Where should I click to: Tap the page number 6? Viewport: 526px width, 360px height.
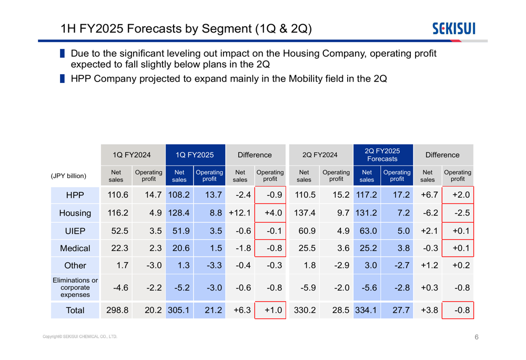point(477,337)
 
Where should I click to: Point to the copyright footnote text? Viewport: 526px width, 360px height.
point(80,337)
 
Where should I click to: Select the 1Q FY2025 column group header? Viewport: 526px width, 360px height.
point(195,155)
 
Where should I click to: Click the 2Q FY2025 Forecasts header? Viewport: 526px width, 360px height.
point(382,155)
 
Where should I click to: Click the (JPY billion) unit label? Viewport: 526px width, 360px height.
point(68,176)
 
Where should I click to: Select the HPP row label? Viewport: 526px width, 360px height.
point(75,196)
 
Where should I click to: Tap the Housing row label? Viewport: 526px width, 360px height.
point(75,213)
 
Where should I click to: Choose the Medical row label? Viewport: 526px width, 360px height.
point(75,249)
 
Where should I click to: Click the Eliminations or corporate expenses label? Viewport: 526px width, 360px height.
point(75,287)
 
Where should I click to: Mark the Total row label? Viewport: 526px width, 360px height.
point(75,311)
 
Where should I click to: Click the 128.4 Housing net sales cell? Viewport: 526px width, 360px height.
point(179,213)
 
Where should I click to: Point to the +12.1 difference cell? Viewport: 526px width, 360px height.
point(239,213)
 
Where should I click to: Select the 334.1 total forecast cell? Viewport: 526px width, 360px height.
point(367,311)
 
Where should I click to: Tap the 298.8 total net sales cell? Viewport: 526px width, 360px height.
point(117,311)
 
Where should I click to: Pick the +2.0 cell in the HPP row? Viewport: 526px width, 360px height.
point(458,196)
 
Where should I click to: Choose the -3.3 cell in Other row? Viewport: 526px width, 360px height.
point(210,265)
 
